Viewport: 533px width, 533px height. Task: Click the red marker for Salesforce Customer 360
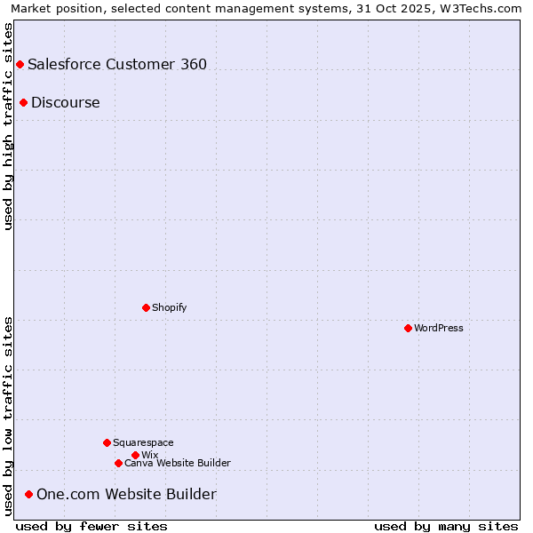point(20,64)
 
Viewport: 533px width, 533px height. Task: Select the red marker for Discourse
point(23,102)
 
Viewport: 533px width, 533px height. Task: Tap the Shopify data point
point(146,307)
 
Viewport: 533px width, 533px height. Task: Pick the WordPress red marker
point(408,328)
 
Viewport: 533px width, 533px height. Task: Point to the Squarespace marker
point(107,442)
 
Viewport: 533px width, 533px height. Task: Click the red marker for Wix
point(135,455)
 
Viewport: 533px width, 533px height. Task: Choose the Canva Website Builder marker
point(118,463)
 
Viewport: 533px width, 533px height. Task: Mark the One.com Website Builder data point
point(28,494)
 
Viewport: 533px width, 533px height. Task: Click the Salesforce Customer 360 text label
point(117,64)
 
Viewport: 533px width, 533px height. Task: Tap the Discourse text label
point(66,102)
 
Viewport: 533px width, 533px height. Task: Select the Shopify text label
point(170,307)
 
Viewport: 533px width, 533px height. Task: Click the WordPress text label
point(439,328)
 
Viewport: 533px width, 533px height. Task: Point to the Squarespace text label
point(144,442)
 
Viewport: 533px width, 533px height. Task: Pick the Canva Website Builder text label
point(178,463)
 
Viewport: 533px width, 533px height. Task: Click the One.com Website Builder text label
point(126,494)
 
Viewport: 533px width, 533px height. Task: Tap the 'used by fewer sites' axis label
point(91,526)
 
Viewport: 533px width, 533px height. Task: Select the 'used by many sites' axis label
point(446,526)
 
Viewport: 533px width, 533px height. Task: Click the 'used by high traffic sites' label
point(9,126)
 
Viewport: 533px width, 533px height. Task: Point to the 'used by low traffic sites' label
point(9,416)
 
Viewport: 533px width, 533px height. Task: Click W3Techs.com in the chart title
point(482,8)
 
